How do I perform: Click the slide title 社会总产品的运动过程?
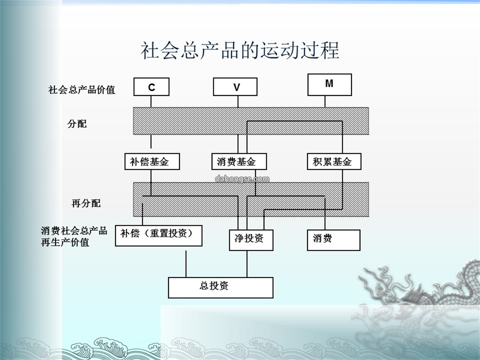coord(240,50)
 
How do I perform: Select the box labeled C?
coord(151,87)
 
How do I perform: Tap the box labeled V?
coord(235,87)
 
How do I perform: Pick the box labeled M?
coord(329,84)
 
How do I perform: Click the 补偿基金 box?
coord(152,161)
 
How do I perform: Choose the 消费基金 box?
coord(239,161)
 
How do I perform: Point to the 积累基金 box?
coord(334,161)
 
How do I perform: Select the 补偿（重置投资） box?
coord(159,236)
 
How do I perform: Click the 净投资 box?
coord(251,240)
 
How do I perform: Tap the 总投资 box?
coord(220,288)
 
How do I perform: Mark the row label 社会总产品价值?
coord(81,90)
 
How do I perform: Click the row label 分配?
coord(77,124)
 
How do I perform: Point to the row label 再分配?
coord(86,203)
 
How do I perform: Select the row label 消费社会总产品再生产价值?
coord(74,236)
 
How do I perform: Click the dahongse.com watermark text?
coord(242,179)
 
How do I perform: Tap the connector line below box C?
coord(151,102)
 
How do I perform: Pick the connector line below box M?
coord(325,102)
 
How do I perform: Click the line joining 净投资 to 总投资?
coord(247,264)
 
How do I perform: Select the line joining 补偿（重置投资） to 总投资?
coord(186,264)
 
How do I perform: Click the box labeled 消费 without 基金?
coord(334,240)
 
